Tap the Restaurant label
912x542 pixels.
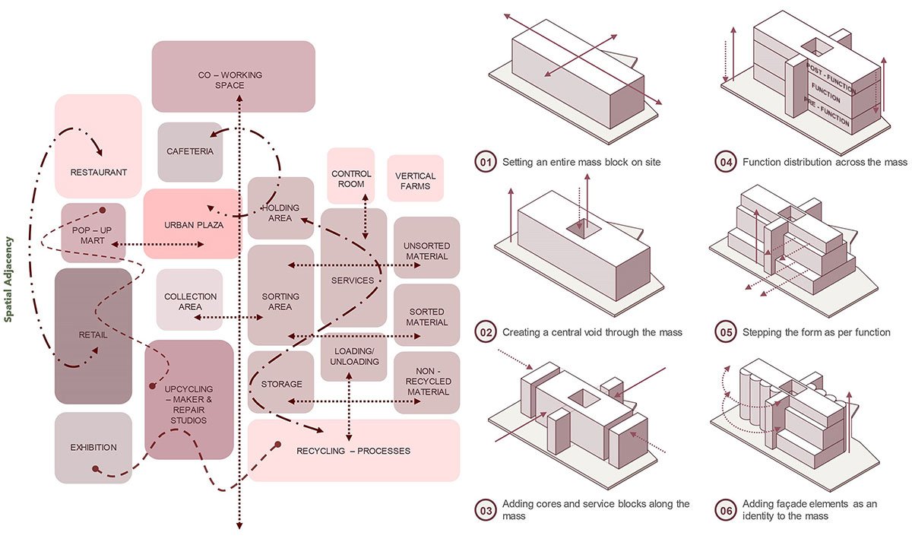(99, 173)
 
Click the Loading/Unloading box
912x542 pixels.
(350, 357)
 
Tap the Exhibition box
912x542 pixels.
(93, 448)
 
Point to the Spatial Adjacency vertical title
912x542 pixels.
(10, 279)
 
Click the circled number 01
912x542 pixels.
(485, 162)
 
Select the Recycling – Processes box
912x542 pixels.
(353, 451)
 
